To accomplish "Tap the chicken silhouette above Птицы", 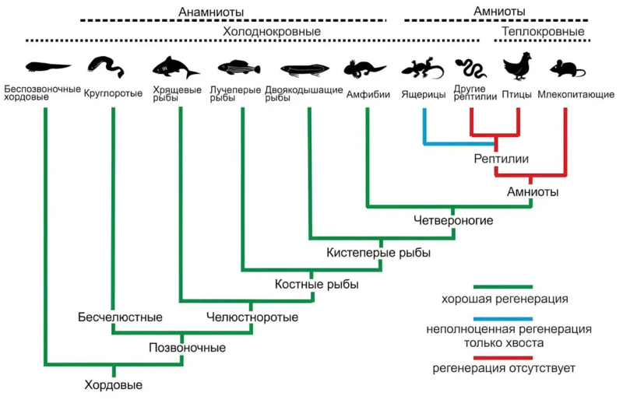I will (x=516, y=68).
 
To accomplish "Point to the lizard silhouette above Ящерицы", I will (x=421, y=69).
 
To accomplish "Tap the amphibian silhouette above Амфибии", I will (x=365, y=68).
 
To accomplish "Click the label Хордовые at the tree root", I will (x=114, y=384).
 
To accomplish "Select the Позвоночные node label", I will (x=188, y=348).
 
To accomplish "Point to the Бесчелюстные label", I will (x=120, y=317).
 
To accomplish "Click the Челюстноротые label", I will (x=252, y=317).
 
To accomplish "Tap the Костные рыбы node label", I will (x=317, y=285).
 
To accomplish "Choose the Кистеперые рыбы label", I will (x=379, y=253).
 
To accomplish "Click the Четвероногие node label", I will (x=453, y=221).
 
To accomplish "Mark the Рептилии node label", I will (x=502, y=159).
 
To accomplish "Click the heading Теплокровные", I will (x=543, y=31).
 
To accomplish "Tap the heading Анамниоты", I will (x=211, y=12).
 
